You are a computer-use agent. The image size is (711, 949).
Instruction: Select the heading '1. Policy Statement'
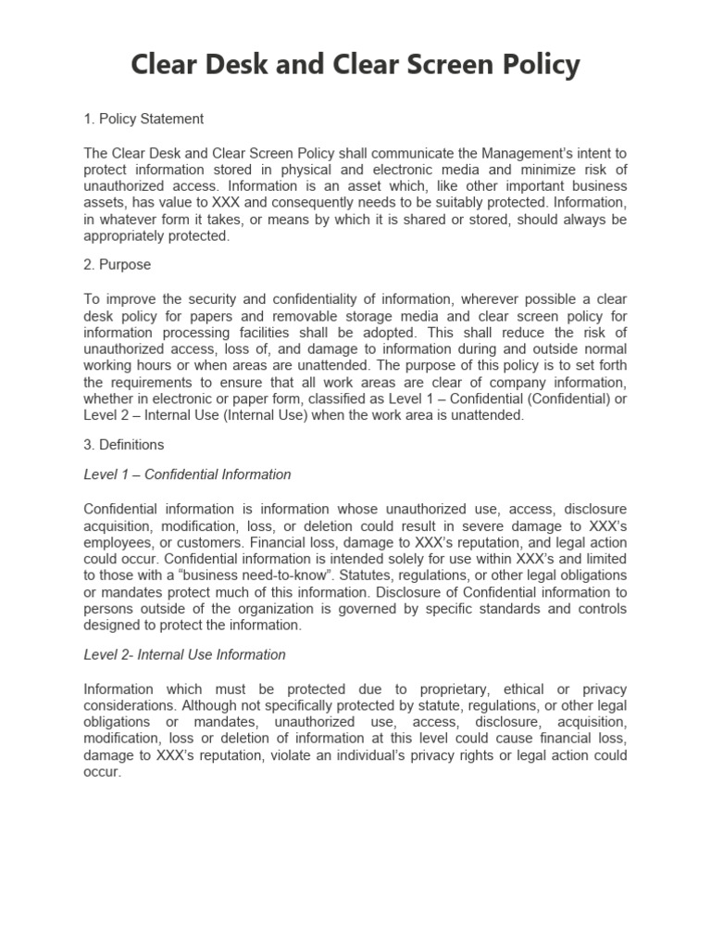coord(143,119)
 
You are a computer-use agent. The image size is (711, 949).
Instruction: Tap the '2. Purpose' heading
coord(118,264)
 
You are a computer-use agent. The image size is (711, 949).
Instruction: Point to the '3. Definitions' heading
coord(124,445)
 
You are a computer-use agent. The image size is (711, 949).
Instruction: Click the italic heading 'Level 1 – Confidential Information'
coord(187,474)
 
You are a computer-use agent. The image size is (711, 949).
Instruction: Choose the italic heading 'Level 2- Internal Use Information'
coord(184,654)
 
